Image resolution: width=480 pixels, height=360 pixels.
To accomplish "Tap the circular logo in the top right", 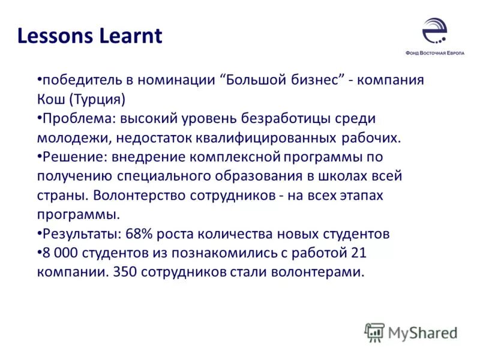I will [x=434, y=30].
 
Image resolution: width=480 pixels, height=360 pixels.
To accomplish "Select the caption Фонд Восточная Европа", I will [x=434, y=52].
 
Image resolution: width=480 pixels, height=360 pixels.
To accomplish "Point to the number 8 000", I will [x=59, y=253].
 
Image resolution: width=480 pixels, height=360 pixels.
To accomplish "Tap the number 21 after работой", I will [x=357, y=253].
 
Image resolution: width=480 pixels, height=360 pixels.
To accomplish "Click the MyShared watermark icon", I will [x=375, y=332].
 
